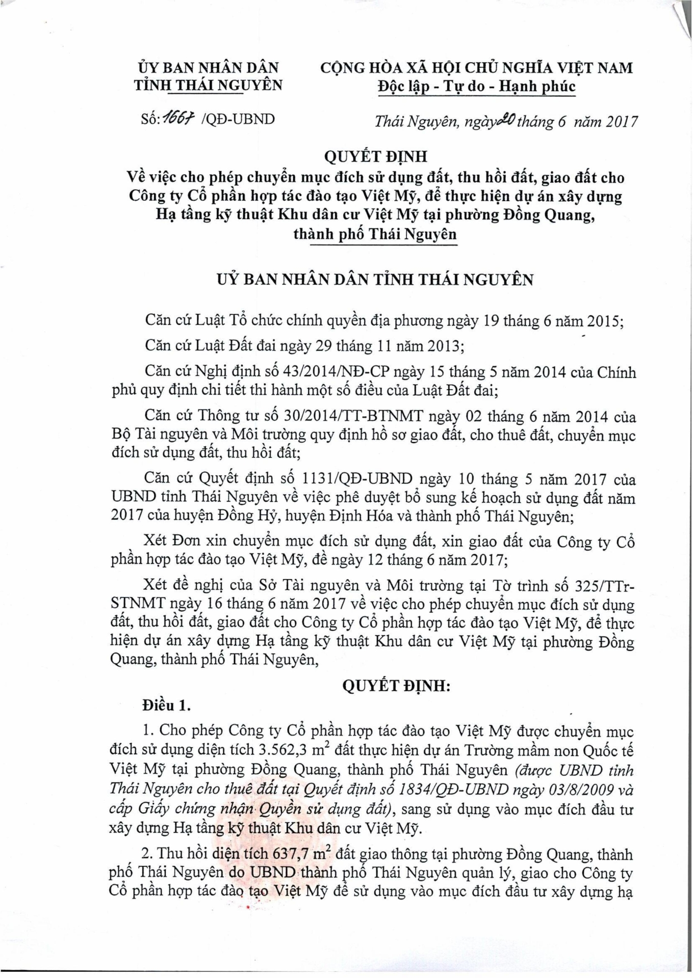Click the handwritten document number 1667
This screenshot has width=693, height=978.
(x=175, y=118)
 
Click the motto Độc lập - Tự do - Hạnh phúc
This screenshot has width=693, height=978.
(x=477, y=87)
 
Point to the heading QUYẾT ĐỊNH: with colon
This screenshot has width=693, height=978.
(x=396, y=686)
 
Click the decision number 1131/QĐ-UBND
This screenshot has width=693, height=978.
(x=357, y=479)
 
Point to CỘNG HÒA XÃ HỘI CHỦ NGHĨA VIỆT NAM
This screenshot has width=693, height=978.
(x=476, y=68)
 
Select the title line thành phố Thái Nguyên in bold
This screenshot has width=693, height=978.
(x=375, y=234)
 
